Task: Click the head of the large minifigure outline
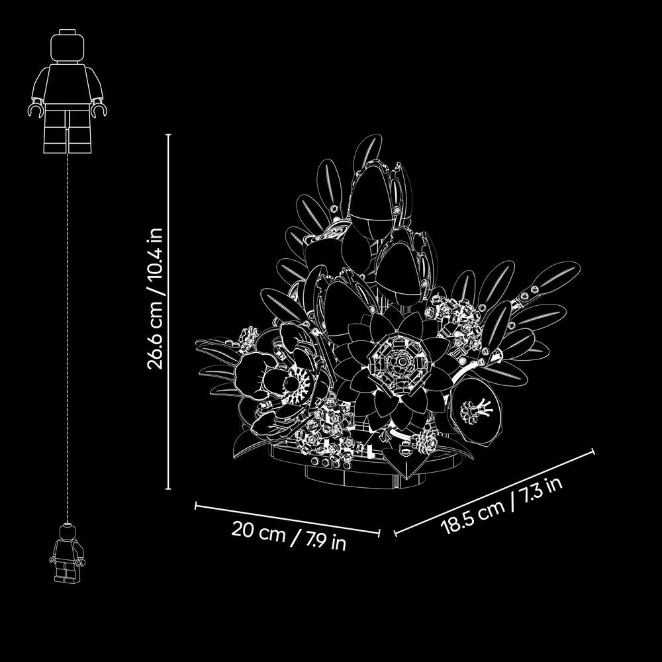click(x=67, y=46)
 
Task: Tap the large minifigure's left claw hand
click(x=35, y=109)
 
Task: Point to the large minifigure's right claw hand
click(x=99, y=109)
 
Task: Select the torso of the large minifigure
click(x=67, y=83)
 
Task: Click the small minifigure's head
click(x=67, y=531)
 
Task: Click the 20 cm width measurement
click(x=258, y=531)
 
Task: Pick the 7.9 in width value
click(x=326, y=541)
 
